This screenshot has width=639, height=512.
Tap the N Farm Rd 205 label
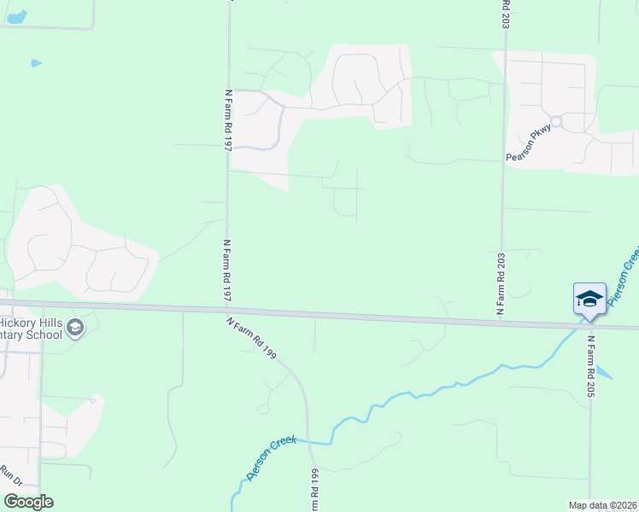tap(590, 366)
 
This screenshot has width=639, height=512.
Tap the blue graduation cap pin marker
tap(589, 300)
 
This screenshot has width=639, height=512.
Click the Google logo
tap(28, 502)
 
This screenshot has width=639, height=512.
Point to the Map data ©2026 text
tap(603, 505)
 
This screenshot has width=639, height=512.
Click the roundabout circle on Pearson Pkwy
tap(556, 122)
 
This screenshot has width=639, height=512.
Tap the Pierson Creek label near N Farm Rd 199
tap(271, 458)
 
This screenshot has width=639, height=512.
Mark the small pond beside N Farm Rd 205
tap(604, 372)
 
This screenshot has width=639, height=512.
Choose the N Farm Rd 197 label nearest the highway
tap(228, 270)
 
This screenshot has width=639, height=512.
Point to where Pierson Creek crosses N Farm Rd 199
tap(308, 443)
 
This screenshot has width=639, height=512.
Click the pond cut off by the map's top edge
tap(17, 16)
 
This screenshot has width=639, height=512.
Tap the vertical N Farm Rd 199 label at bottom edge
tap(314, 492)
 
